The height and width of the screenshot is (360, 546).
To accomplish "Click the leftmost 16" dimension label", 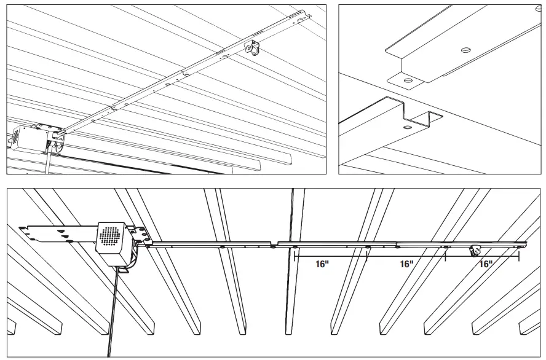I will [322, 264].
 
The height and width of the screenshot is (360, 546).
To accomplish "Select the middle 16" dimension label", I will [406, 264].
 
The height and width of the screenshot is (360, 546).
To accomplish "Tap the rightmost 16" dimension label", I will [486, 264].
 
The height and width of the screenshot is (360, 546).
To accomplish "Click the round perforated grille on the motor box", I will [109, 236].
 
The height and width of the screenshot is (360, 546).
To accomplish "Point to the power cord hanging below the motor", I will [111, 307].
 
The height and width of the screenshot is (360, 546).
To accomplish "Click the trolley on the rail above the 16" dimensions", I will [475, 251].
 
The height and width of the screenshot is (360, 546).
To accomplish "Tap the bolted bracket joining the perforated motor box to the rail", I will [141, 236].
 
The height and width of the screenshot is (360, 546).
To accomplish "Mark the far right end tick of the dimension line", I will [520, 255].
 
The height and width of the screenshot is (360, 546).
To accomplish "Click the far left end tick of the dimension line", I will [295, 256].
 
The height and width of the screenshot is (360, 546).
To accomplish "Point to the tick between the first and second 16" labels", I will [367, 256].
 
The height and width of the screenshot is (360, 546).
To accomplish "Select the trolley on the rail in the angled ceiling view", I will [250, 49].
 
